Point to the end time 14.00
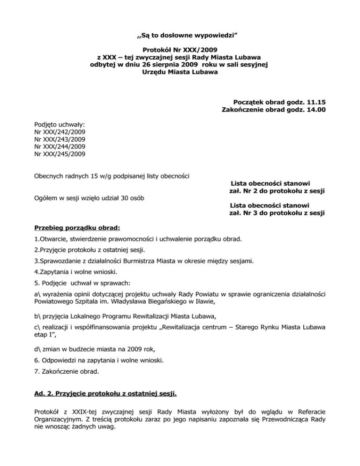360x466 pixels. point(316,110)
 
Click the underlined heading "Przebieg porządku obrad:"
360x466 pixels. point(77,228)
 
